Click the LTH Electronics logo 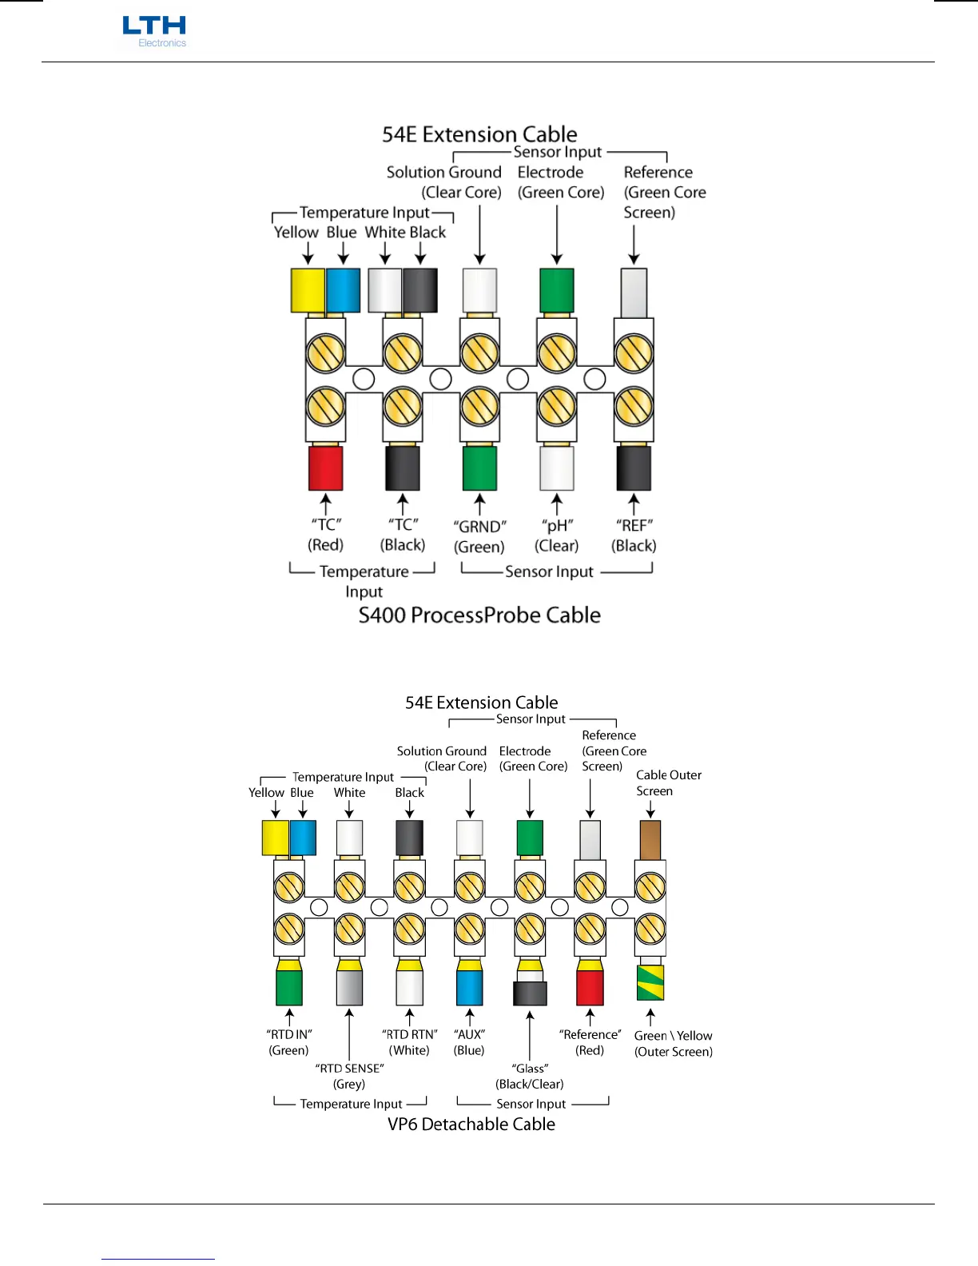coord(154,32)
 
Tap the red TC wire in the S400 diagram coord(326,468)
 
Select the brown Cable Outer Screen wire coord(650,840)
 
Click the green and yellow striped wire coord(650,982)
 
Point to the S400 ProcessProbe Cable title coord(479,615)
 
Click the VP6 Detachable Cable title coord(471,1124)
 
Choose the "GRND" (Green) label coord(479,536)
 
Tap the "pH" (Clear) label coord(557,535)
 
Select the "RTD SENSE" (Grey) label coord(349,1076)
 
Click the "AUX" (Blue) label coord(470,1042)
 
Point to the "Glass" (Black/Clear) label coord(530,1076)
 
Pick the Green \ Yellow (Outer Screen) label coord(674,1044)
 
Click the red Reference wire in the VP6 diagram coord(590,987)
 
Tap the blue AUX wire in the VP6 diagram coord(470,987)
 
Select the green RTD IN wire coord(289,987)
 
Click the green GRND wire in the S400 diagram coord(479,468)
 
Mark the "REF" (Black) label coord(634,535)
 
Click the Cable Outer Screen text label coord(668,783)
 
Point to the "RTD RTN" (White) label coord(410,1042)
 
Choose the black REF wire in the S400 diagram coord(634,468)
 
